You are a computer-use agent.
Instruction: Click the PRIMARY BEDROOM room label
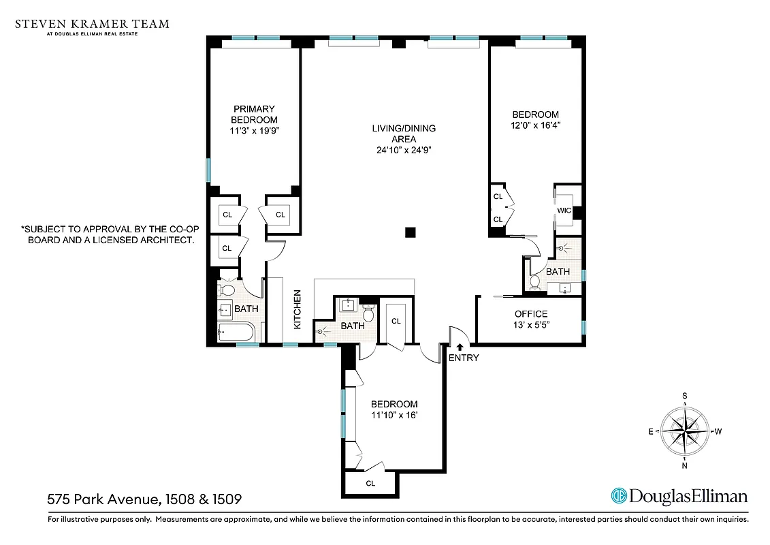(254, 114)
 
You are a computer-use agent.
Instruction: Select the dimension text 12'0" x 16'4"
(535, 125)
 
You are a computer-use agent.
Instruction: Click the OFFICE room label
(531, 313)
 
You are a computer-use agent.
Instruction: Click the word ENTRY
(464, 358)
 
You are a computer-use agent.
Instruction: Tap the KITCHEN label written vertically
(298, 310)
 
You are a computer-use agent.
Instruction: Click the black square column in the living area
(410, 232)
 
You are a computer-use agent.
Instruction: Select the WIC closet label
(564, 211)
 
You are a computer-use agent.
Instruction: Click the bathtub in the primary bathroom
(236, 333)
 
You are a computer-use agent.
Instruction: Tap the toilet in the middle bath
(369, 313)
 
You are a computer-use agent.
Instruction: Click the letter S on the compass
(685, 396)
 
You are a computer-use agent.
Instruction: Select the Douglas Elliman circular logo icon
(619, 496)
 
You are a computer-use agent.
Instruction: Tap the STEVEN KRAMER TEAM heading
(92, 24)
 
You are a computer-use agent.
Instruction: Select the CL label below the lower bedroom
(370, 484)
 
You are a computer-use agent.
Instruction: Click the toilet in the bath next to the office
(535, 281)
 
